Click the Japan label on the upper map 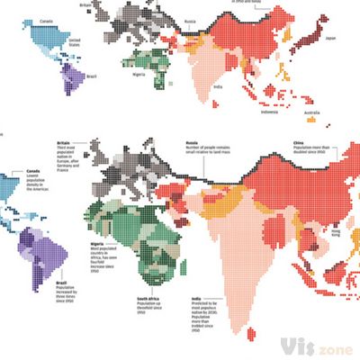[x=329, y=39]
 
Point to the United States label [x=75, y=41]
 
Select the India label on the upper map [x=219, y=86]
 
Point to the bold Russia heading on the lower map [x=192, y=142]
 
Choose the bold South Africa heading [x=149, y=299]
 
